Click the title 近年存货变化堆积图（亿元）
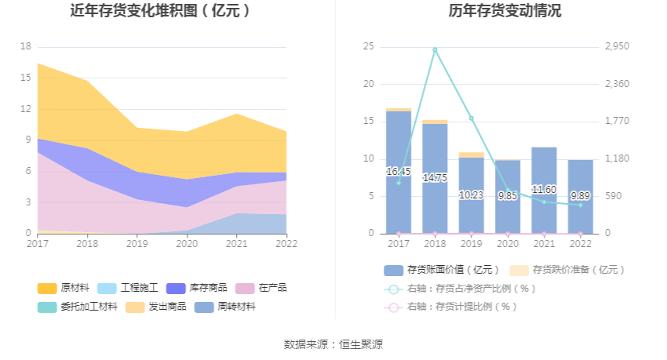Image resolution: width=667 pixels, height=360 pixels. (161, 11)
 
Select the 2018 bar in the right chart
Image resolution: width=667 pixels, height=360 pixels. (435, 178)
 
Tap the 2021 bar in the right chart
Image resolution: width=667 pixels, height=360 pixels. (544, 190)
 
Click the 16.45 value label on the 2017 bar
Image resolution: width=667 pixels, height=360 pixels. (399, 172)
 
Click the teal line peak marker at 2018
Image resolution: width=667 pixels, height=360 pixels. (435, 49)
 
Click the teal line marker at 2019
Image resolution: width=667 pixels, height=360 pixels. (472, 118)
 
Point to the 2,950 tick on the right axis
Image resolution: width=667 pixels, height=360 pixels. (618, 46)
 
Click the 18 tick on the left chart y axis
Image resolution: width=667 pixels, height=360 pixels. (26, 46)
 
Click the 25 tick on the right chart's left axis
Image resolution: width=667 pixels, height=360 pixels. (368, 46)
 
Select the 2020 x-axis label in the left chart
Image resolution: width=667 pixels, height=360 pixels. (187, 244)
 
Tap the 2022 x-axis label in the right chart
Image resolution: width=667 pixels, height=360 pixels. (581, 244)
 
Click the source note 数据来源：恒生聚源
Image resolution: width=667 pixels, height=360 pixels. (333, 344)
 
